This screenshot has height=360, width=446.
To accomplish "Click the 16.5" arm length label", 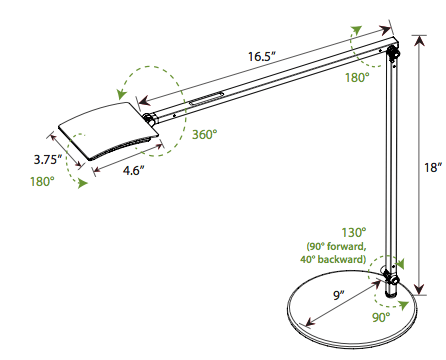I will tap(263, 57).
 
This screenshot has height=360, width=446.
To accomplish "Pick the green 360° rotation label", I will tap(205, 134).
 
